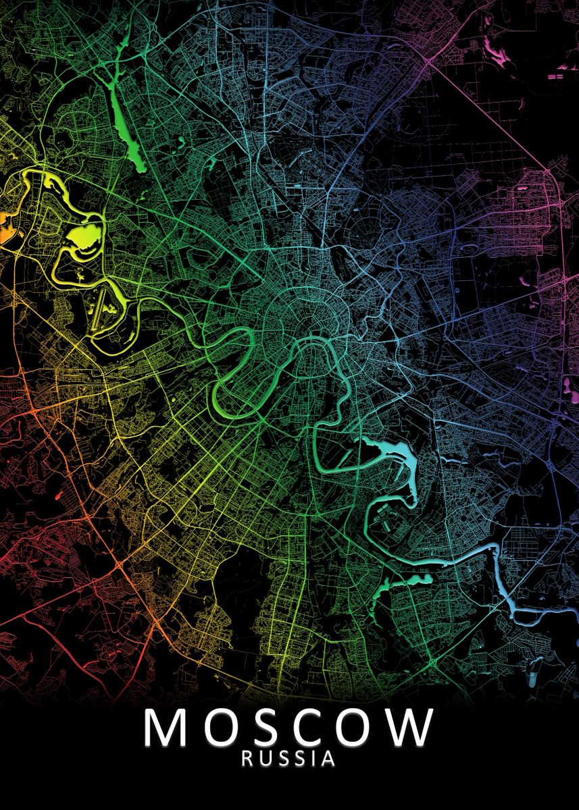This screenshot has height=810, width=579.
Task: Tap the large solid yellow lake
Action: (x=80, y=237)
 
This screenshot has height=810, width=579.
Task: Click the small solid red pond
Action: (x=57, y=497)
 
